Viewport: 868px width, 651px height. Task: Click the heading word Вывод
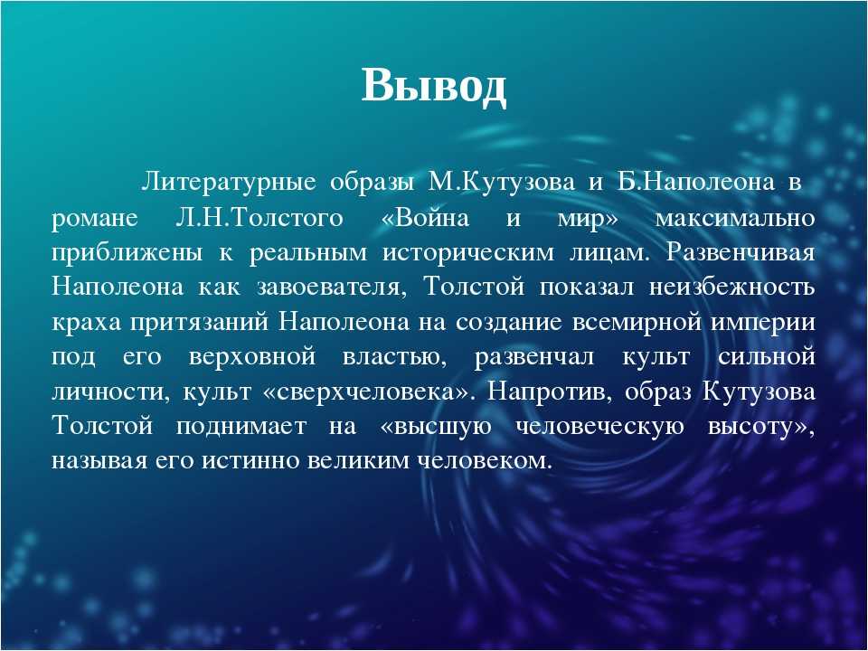pos(433,87)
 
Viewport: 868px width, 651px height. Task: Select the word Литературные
pos(229,184)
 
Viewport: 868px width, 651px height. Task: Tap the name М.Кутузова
pos(500,183)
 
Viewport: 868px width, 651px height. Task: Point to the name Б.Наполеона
pos(696,183)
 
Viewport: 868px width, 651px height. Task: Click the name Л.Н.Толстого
pos(259,218)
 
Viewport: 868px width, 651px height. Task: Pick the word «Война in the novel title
pos(425,218)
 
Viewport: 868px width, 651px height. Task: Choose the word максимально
pos(735,219)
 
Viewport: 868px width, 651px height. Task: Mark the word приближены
pos(127,252)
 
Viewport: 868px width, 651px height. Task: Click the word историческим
pos(467,253)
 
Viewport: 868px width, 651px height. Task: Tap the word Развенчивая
pos(741,252)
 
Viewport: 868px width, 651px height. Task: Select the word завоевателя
pos(331,288)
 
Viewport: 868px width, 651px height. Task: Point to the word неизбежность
pos(731,287)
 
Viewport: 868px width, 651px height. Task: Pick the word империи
pos(763,323)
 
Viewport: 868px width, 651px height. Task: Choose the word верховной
pos(252,357)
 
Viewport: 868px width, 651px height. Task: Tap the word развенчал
pos(534,357)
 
